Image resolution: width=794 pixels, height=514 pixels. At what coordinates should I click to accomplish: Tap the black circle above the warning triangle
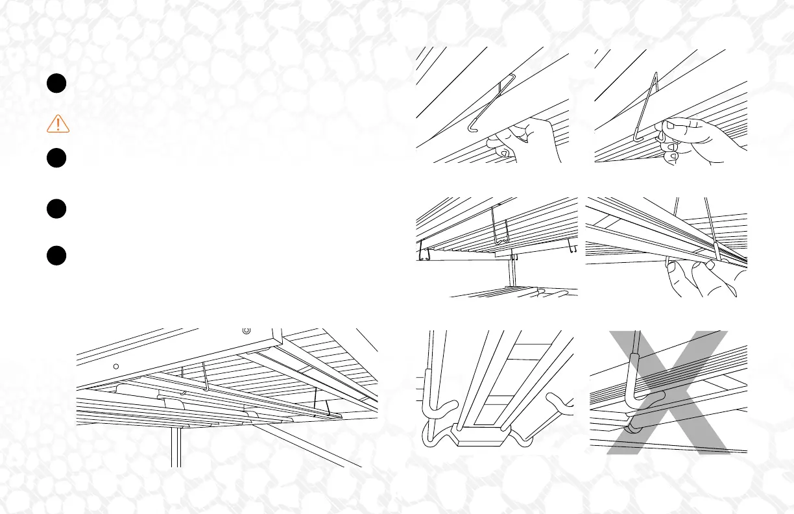57,84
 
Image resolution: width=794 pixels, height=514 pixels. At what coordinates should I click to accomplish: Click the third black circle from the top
57,210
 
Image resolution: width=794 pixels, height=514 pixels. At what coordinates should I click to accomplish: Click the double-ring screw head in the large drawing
246,330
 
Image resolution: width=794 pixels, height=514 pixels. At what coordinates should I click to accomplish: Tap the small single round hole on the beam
115,366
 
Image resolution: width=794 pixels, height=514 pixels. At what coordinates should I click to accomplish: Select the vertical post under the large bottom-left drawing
174,448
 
